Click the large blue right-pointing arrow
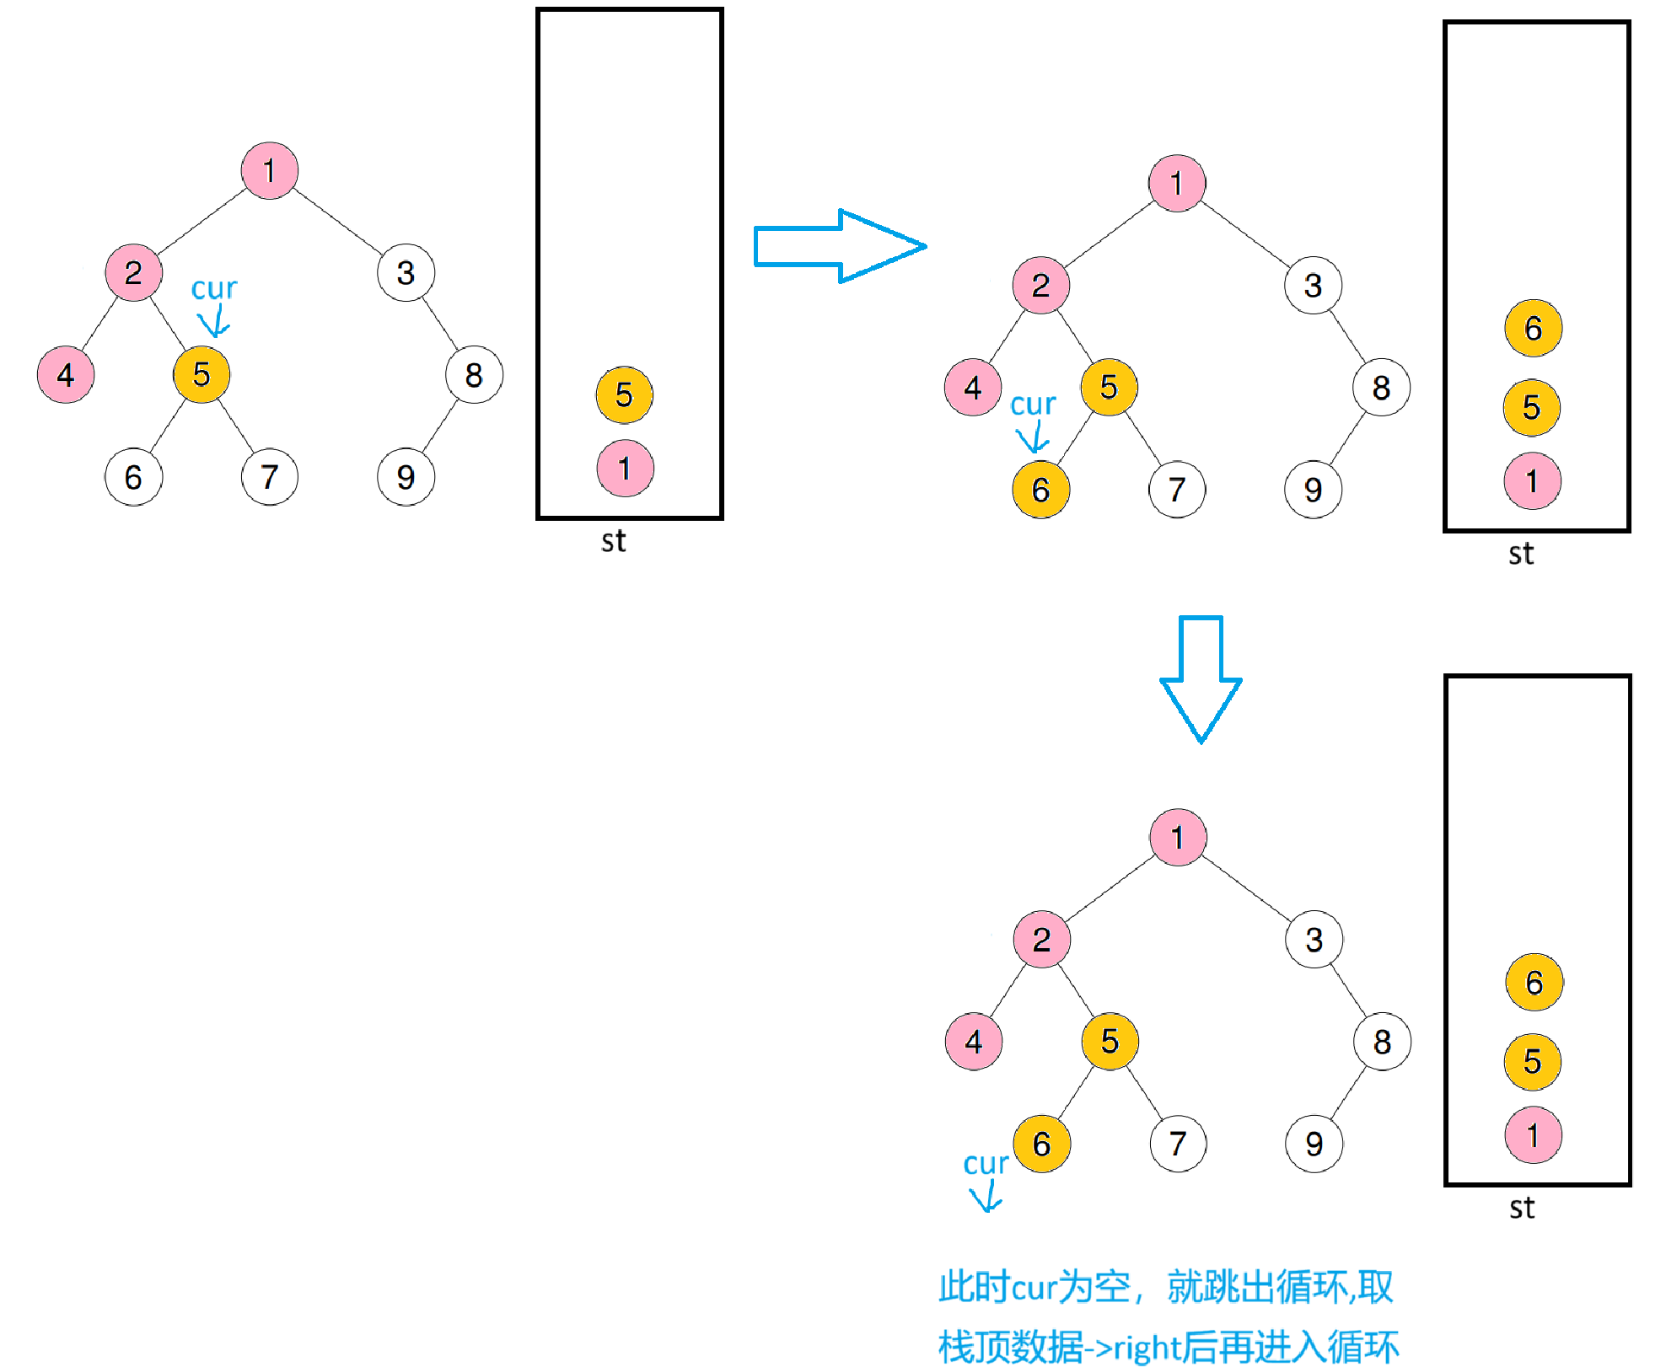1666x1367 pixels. click(839, 246)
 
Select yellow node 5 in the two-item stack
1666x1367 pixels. click(624, 394)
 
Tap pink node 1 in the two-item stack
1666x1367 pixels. click(625, 469)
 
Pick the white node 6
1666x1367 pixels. click(133, 477)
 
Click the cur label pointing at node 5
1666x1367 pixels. click(214, 289)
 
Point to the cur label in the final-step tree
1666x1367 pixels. click(986, 1164)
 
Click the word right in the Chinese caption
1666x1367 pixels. click(1147, 1347)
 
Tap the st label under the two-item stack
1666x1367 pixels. click(614, 541)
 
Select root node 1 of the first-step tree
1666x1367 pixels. click(269, 171)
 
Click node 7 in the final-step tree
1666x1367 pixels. click(1178, 1144)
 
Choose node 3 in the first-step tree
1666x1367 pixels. click(406, 273)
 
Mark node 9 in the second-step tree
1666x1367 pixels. click(1313, 490)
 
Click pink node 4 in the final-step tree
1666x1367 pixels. click(974, 1042)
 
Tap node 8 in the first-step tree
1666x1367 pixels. click(474, 375)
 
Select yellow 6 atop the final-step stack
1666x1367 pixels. click(1534, 983)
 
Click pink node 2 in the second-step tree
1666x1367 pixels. click(1041, 286)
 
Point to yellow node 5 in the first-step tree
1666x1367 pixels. click(202, 375)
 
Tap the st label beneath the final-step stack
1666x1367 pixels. click(1522, 1208)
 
